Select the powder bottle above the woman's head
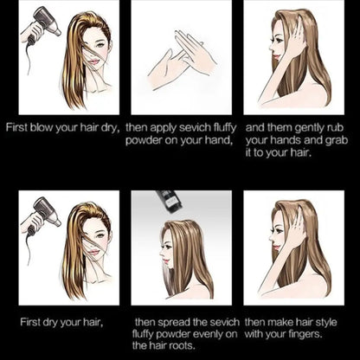click(170, 201)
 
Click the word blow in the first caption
click(42, 127)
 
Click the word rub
click(337, 127)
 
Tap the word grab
click(337, 141)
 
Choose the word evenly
click(206, 334)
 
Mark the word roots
click(183, 346)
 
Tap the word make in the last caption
click(277, 322)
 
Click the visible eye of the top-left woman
click(100, 45)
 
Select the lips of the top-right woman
click(275, 55)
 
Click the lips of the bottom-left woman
click(93, 252)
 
